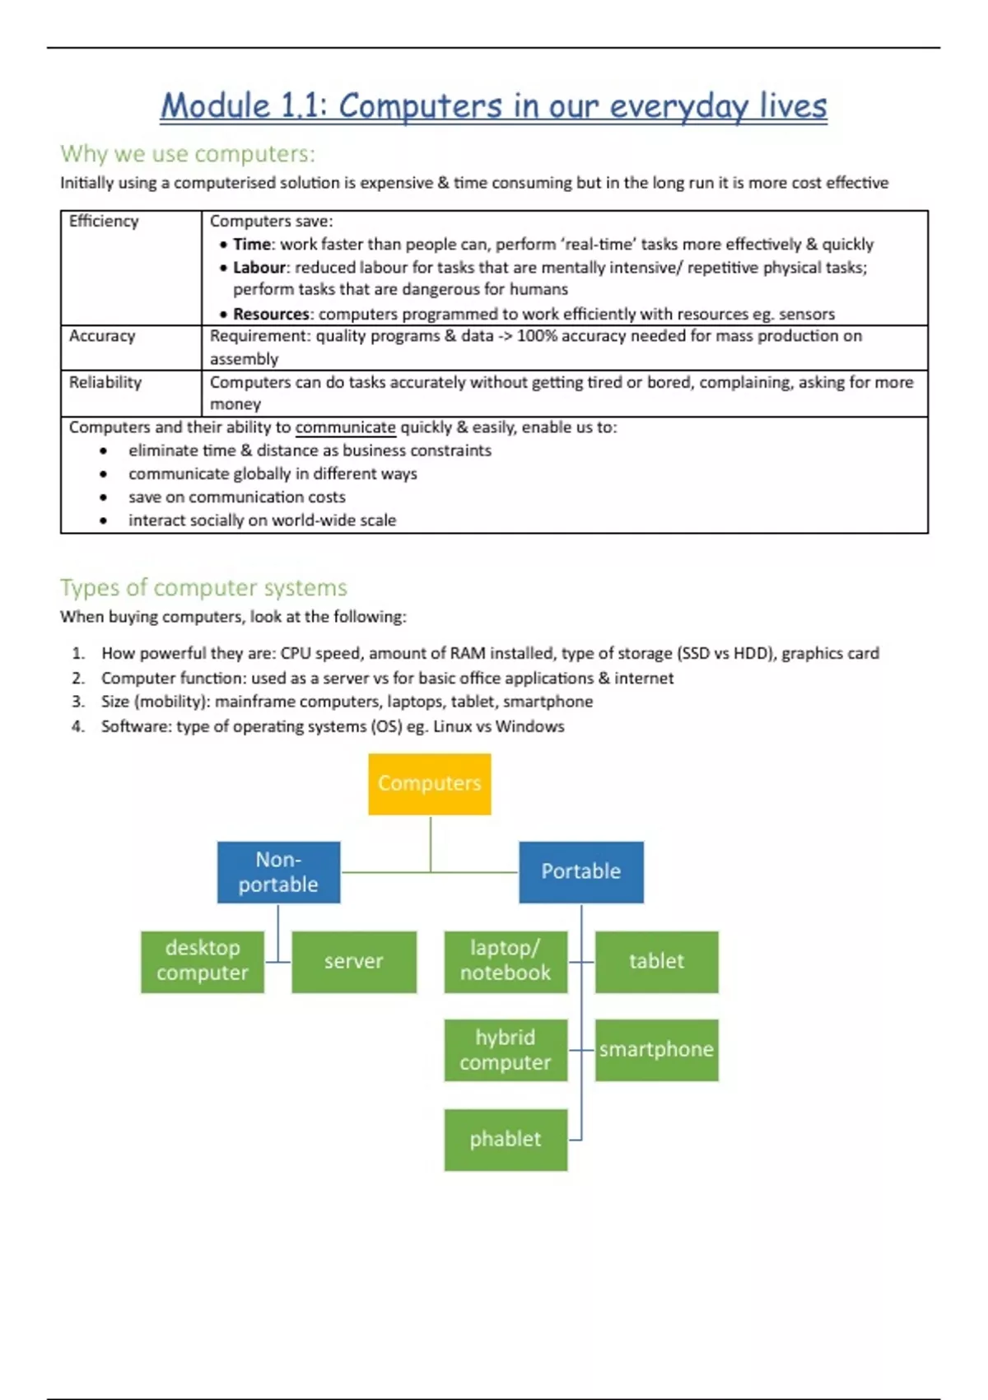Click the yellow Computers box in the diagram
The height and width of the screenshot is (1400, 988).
tap(429, 783)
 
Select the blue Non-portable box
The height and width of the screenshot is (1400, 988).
tap(278, 871)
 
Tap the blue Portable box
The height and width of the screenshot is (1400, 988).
tap(580, 871)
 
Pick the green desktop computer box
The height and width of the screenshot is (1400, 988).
tap(202, 961)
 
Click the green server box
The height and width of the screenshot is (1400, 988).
tap(353, 961)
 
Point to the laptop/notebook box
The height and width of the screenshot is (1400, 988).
tap(505, 961)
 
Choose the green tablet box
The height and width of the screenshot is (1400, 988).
tap(656, 961)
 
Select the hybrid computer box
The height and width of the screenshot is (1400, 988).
tap(505, 1050)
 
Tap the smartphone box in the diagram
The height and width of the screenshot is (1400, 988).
tap(656, 1050)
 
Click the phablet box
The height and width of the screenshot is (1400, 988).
tap(505, 1139)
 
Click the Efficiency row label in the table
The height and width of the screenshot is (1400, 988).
tap(104, 221)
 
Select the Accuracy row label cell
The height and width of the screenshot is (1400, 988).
tap(102, 336)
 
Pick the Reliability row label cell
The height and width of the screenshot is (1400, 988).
tap(105, 382)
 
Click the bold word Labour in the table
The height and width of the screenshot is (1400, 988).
tap(259, 268)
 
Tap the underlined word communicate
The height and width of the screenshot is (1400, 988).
tap(345, 427)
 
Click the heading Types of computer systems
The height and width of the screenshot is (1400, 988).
tap(203, 587)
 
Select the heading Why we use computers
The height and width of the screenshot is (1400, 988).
tap(187, 154)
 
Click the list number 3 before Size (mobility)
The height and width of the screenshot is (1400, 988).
tap(77, 702)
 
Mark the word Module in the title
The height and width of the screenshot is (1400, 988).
tap(215, 106)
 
